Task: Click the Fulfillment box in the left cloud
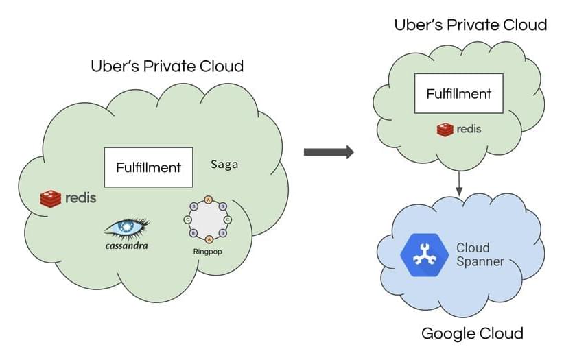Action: [x=148, y=167]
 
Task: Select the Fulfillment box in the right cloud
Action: [x=458, y=93]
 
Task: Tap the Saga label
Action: [x=225, y=165]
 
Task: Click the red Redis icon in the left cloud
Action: [x=51, y=199]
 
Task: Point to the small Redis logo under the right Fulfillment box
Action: [x=445, y=129]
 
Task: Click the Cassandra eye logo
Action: [x=127, y=227]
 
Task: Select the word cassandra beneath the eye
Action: [x=126, y=245]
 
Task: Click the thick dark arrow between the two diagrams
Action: [x=329, y=152]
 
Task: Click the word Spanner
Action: [x=480, y=261]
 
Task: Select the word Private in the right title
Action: [x=471, y=25]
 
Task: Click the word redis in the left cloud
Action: [x=80, y=199]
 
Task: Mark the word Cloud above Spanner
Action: [x=473, y=247]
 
